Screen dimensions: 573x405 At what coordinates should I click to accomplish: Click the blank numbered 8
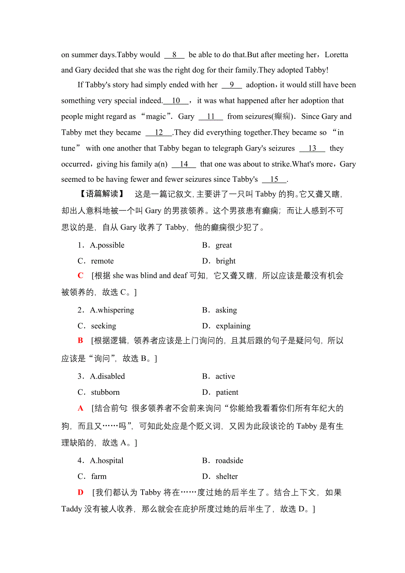(x=174, y=55)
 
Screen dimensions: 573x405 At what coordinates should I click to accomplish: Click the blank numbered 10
(x=176, y=101)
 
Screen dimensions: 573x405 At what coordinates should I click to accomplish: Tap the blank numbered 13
(x=312, y=148)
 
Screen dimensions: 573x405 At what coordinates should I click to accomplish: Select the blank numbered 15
(x=274, y=180)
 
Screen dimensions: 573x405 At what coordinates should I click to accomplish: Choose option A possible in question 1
(x=107, y=245)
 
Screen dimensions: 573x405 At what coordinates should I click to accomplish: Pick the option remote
(x=102, y=261)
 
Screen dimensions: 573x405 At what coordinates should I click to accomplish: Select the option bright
(x=226, y=261)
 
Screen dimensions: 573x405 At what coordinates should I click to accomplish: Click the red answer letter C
(x=81, y=276)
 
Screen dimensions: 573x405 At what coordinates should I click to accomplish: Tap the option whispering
(x=112, y=310)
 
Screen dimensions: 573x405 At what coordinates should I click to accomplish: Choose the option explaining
(x=233, y=326)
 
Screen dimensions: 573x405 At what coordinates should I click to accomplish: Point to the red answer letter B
(x=81, y=341)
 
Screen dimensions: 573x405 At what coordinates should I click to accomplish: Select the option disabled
(x=107, y=376)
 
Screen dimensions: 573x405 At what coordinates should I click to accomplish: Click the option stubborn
(x=105, y=392)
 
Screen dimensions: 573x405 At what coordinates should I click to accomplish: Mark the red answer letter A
(x=81, y=408)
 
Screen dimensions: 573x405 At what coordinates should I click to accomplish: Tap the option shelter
(x=227, y=477)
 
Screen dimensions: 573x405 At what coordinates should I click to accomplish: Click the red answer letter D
(x=81, y=493)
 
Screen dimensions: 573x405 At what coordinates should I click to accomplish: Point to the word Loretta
(x=336, y=55)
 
